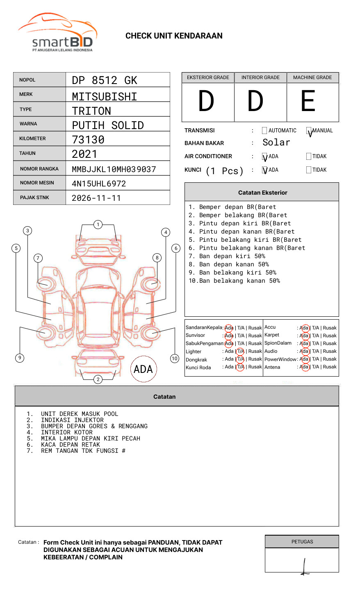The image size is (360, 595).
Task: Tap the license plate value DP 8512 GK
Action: pyautogui.click(x=105, y=80)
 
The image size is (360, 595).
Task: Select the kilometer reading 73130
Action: pyautogui.click(x=88, y=140)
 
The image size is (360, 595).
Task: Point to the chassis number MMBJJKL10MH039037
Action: pyautogui.click(x=114, y=169)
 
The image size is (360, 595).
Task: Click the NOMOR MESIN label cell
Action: pyautogui.click(x=39, y=183)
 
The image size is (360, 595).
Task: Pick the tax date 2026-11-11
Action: pyautogui.click(x=96, y=198)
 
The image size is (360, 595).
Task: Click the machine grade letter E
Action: pyautogui.click(x=308, y=101)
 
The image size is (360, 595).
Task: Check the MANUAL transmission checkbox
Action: pyautogui.click(x=309, y=131)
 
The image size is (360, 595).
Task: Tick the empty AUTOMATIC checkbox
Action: pyautogui.click(x=264, y=131)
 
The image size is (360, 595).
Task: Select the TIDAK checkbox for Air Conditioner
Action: pyautogui.click(x=309, y=157)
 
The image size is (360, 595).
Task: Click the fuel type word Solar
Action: pyautogui.click(x=276, y=143)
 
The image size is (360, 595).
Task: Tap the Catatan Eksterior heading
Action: pyautogui.click(x=262, y=193)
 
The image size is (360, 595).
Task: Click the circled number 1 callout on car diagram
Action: pyautogui.click(x=98, y=224)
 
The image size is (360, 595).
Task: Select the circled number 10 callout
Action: pyautogui.click(x=175, y=359)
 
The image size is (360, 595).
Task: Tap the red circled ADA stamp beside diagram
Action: pyautogui.click(x=143, y=369)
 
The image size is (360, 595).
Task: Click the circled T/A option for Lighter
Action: pyautogui.click(x=240, y=351)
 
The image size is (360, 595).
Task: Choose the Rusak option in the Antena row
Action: pyautogui.click(x=330, y=367)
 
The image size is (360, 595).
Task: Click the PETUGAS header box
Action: pyautogui.click(x=302, y=542)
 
